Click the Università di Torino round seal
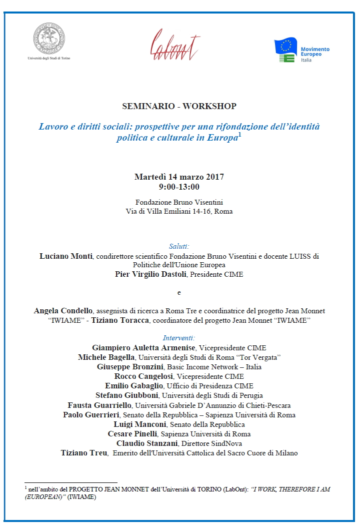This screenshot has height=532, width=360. [49, 38]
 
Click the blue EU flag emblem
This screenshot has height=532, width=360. [286, 47]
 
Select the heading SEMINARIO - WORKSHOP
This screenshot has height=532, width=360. [179, 106]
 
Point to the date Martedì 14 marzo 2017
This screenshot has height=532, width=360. [179, 177]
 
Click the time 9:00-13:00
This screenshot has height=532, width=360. [179, 187]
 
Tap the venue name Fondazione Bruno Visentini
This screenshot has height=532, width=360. [179, 202]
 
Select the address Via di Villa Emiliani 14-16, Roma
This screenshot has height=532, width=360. [179, 211]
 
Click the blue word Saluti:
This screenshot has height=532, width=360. [179, 246]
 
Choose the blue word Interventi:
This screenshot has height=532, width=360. [179, 338]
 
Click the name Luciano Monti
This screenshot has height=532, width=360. [65, 256]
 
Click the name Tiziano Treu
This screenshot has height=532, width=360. [84, 453]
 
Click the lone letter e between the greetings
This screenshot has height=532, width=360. [179, 292]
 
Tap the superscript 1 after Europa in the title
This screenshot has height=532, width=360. [240, 135]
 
